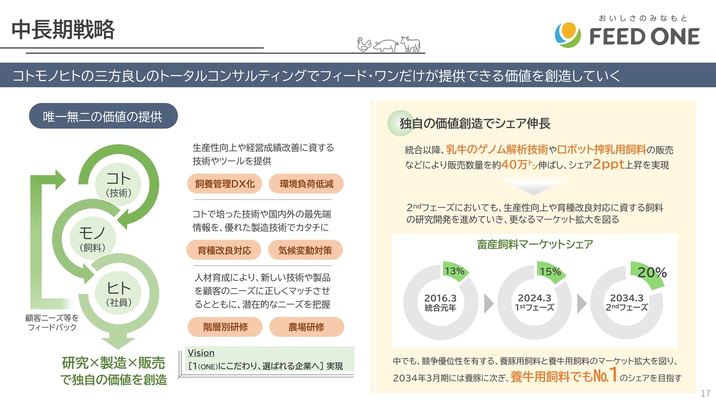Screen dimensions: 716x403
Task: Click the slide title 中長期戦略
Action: tap(63, 30)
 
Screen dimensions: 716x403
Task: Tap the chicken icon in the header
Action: tap(364, 45)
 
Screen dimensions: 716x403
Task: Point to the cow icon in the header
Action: tap(411, 44)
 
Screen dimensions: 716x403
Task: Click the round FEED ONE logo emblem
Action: tap(568, 35)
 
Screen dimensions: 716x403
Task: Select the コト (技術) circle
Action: tap(118, 184)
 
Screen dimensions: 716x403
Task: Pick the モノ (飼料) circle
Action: tap(92, 238)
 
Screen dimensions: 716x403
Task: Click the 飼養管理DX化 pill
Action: tap(224, 184)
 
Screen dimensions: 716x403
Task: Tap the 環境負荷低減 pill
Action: tap(306, 184)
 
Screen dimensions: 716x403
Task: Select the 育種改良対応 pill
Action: tap(224, 250)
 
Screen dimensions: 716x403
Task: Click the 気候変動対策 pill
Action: tap(305, 250)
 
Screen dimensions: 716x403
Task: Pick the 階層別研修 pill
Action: tap(225, 326)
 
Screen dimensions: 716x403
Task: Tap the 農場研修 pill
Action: tap(307, 326)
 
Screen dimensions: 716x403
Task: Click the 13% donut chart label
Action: tap(455, 271)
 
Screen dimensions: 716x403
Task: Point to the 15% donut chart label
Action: tap(550, 271)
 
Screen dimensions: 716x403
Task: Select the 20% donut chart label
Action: tap(652, 273)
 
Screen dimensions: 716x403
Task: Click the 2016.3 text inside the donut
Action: tap(440, 298)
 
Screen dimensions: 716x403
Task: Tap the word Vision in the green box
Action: tap(201, 353)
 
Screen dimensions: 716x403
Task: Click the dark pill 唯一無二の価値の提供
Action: tap(103, 116)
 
